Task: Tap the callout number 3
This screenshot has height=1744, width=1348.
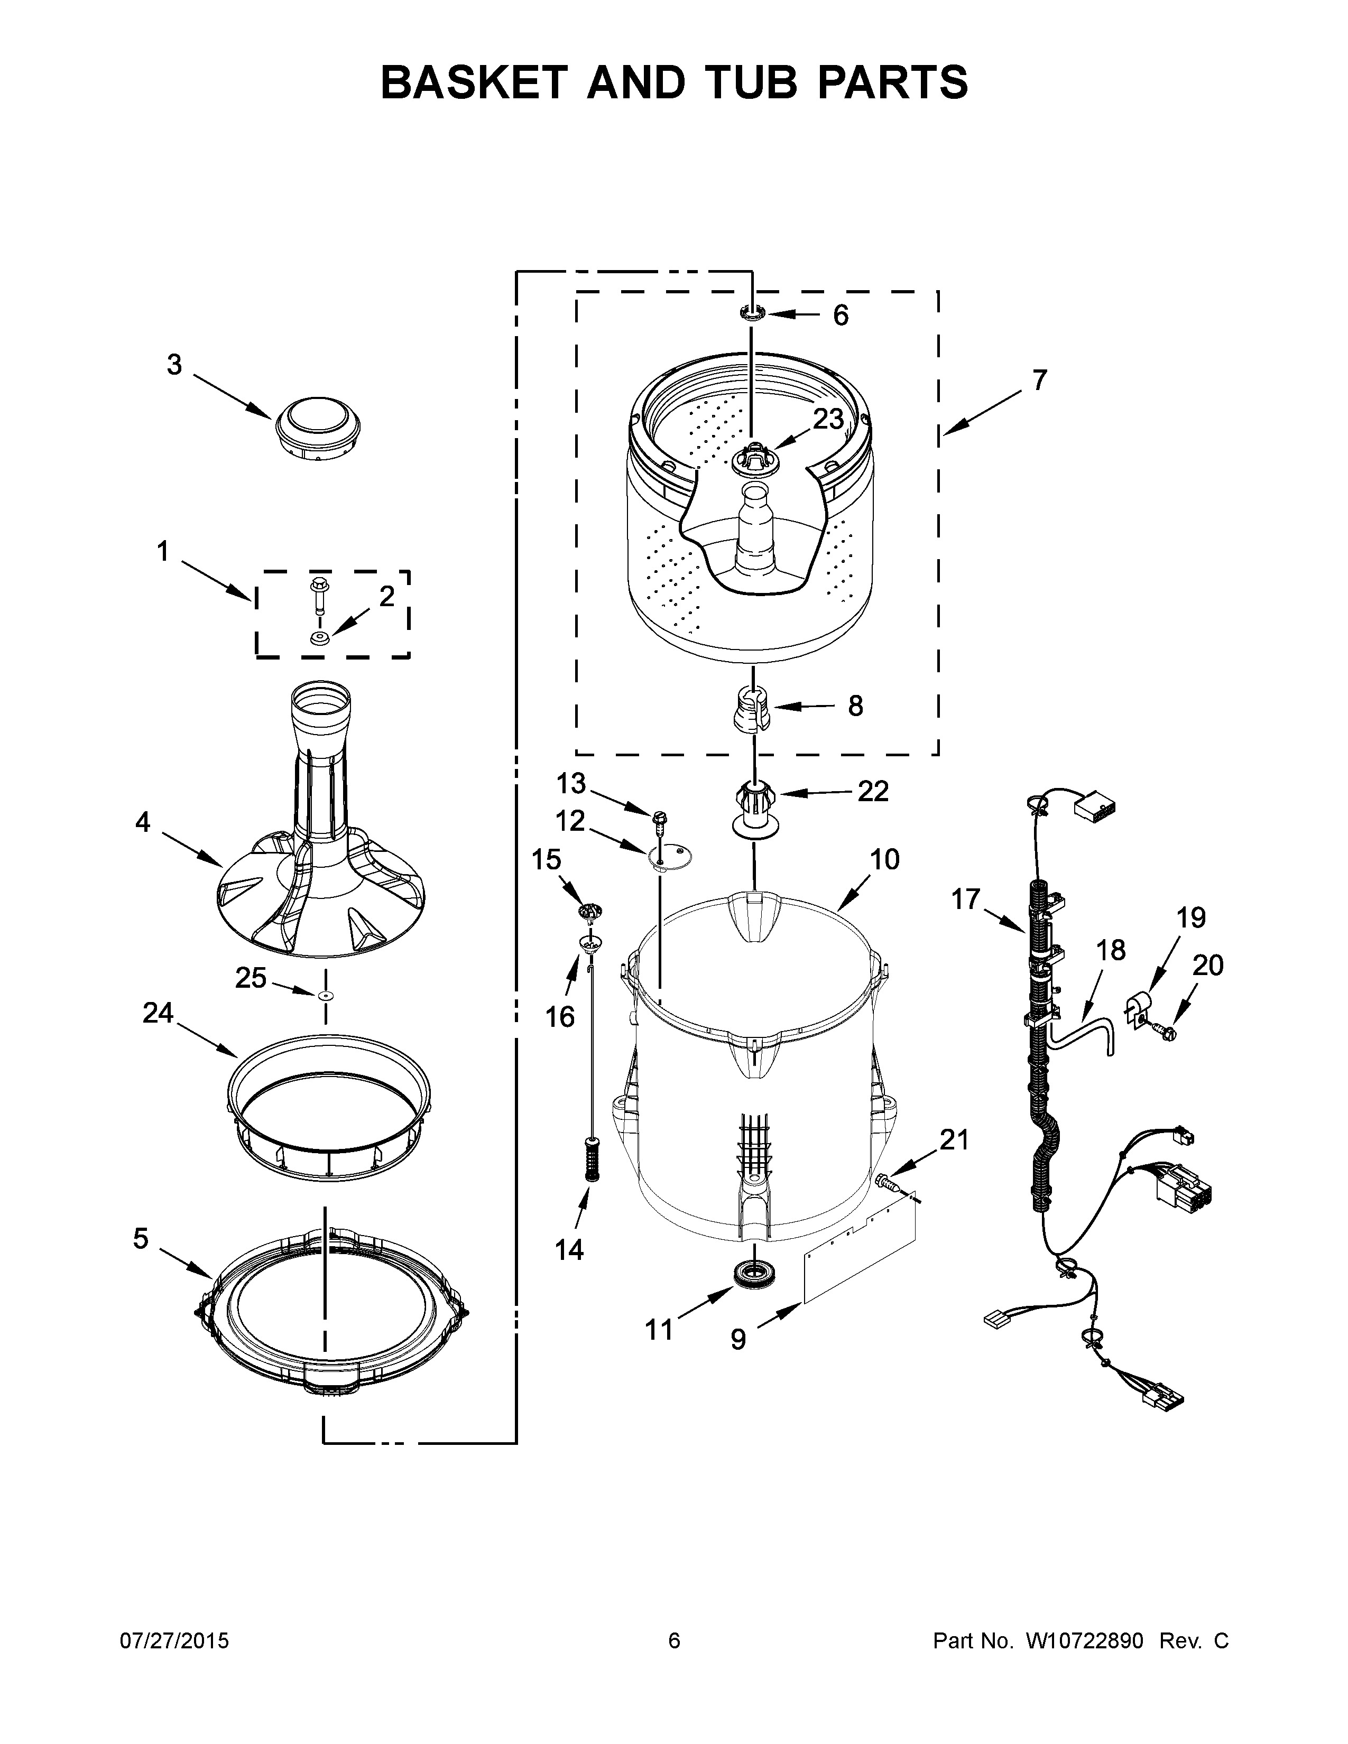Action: [174, 365]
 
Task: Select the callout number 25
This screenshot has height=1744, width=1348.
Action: [250, 977]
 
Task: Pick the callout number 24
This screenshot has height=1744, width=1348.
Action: [158, 1013]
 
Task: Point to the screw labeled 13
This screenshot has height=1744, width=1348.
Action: [659, 817]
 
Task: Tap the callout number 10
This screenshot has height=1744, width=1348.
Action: [885, 859]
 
